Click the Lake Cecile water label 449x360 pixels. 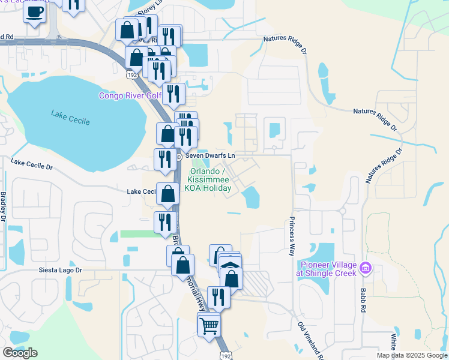click(x=70, y=117)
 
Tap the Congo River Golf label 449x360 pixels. click(x=130, y=95)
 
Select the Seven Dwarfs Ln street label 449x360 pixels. click(x=209, y=155)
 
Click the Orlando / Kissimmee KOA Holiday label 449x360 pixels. click(x=208, y=179)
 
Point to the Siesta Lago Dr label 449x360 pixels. click(x=60, y=270)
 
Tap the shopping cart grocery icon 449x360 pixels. click(x=209, y=325)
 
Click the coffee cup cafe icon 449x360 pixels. click(x=34, y=11)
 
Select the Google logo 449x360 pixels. click(x=20, y=353)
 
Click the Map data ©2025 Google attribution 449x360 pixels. click(x=412, y=355)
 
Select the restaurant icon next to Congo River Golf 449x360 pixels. click(x=173, y=93)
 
